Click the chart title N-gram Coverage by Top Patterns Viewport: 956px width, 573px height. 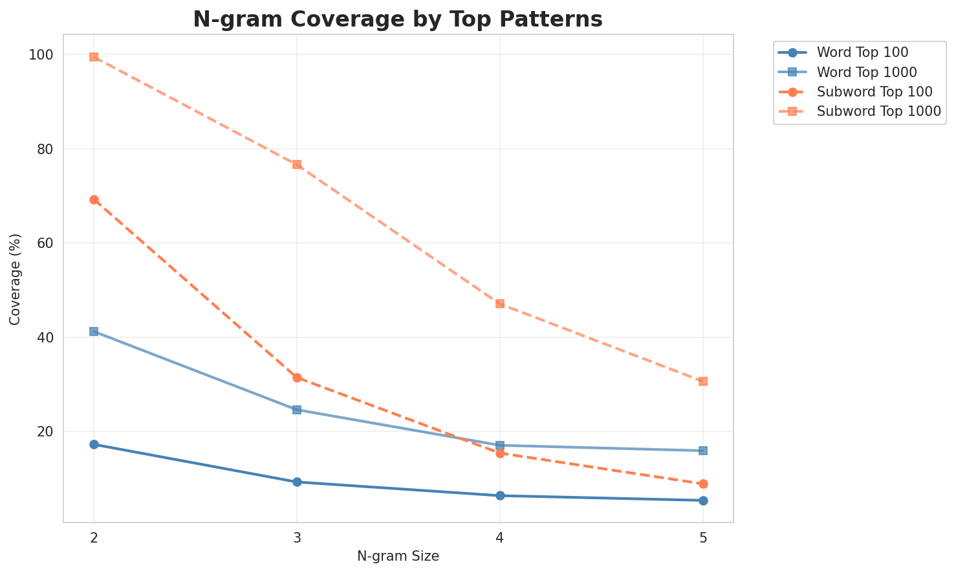point(398,19)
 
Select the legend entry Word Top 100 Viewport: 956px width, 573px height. point(862,52)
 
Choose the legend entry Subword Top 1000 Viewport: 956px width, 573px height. point(878,111)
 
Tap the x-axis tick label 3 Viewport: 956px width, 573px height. point(297,537)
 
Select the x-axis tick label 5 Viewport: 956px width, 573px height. point(703,537)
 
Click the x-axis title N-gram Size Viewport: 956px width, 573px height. point(398,556)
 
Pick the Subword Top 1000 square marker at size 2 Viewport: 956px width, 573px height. point(94,57)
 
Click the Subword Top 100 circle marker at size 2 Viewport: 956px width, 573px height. point(94,200)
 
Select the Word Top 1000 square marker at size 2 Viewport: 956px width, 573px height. point(94,331)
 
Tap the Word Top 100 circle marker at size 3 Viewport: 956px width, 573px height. point(297,482)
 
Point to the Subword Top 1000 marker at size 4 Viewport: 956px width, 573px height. point(500,304)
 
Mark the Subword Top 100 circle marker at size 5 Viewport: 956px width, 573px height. point(703,484)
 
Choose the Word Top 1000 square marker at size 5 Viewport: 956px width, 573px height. point(703,451)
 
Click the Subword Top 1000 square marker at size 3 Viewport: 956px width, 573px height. point(297,164)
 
